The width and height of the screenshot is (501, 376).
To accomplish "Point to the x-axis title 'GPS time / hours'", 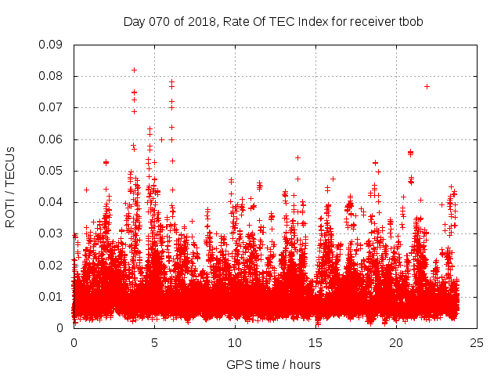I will click(x=273, y=364).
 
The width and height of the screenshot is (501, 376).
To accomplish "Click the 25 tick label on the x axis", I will click(x=476, y=342).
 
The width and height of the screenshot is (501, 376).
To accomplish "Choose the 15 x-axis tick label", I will click(x=315, y=342).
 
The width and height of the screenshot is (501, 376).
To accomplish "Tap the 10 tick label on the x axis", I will click(x=234, y=342).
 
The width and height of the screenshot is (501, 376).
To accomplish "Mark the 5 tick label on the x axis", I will click(x=154, y=342).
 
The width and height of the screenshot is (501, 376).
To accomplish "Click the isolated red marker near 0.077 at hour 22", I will click(x=427, y=86).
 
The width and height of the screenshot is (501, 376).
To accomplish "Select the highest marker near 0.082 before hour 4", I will click(x=134, y=70).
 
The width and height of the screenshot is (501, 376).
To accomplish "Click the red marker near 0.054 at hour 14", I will click(x=297, y=157).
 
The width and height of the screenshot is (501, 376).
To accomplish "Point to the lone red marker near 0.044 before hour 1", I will click(x=86, y=190).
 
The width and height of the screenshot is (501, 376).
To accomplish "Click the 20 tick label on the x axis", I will click(x=395, y=342).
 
